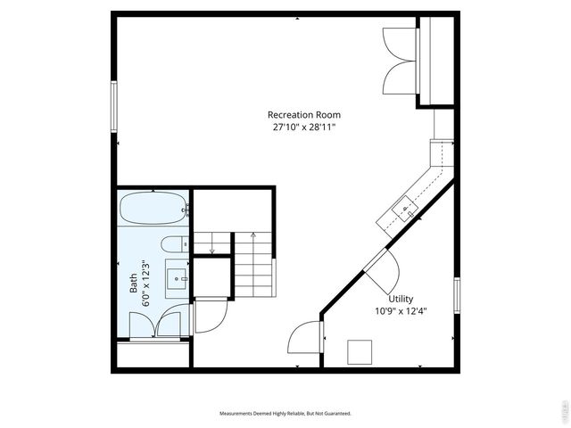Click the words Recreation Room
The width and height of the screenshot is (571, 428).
click(303, 115)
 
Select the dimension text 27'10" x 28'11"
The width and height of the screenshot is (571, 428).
click(303, 128)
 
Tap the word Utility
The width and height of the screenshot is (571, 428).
click(401, 299)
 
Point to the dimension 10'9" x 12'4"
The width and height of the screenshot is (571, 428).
click(401, 311)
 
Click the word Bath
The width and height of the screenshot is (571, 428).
click(133, 283)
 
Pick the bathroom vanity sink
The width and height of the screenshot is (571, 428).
click(178, 279)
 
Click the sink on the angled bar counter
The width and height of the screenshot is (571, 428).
click(405, 210)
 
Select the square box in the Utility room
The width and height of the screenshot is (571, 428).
click(360, 352)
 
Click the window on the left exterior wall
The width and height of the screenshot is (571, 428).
click(113, 104)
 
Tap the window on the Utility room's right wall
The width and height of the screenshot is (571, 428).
click(456, 295)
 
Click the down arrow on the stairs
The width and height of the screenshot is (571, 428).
click(211, 249)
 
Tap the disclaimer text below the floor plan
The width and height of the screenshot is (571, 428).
click(285, 414)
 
